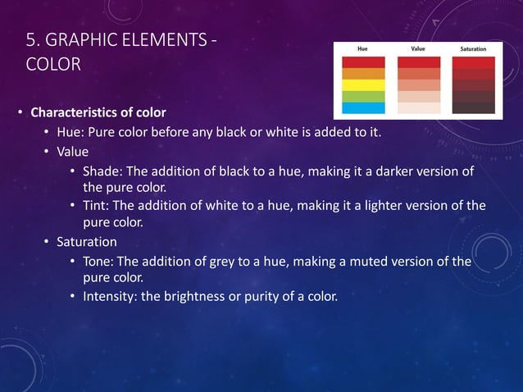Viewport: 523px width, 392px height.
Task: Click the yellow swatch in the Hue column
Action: click(x=362, y=84)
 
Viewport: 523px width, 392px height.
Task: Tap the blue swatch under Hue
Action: click(x=362, y=107)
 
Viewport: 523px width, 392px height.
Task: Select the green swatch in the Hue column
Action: click(x=362, y=96)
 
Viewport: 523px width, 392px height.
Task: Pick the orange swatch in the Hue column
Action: click(x=362, y=73)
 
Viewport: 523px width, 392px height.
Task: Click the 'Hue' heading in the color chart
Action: click(x=362, y=49)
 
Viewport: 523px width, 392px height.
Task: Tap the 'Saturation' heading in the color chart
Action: click(x=474, y=49)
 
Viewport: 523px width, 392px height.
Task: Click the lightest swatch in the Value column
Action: click(x=419, y=107)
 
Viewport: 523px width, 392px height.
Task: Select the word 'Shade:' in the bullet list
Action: click(x=102, y=171)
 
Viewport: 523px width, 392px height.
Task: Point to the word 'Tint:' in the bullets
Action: click(x=98, y=206)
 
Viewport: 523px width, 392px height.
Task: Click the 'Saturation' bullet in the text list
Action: click(x=86, y=242)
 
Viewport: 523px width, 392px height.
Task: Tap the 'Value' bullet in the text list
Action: click(x=72, y=152)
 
